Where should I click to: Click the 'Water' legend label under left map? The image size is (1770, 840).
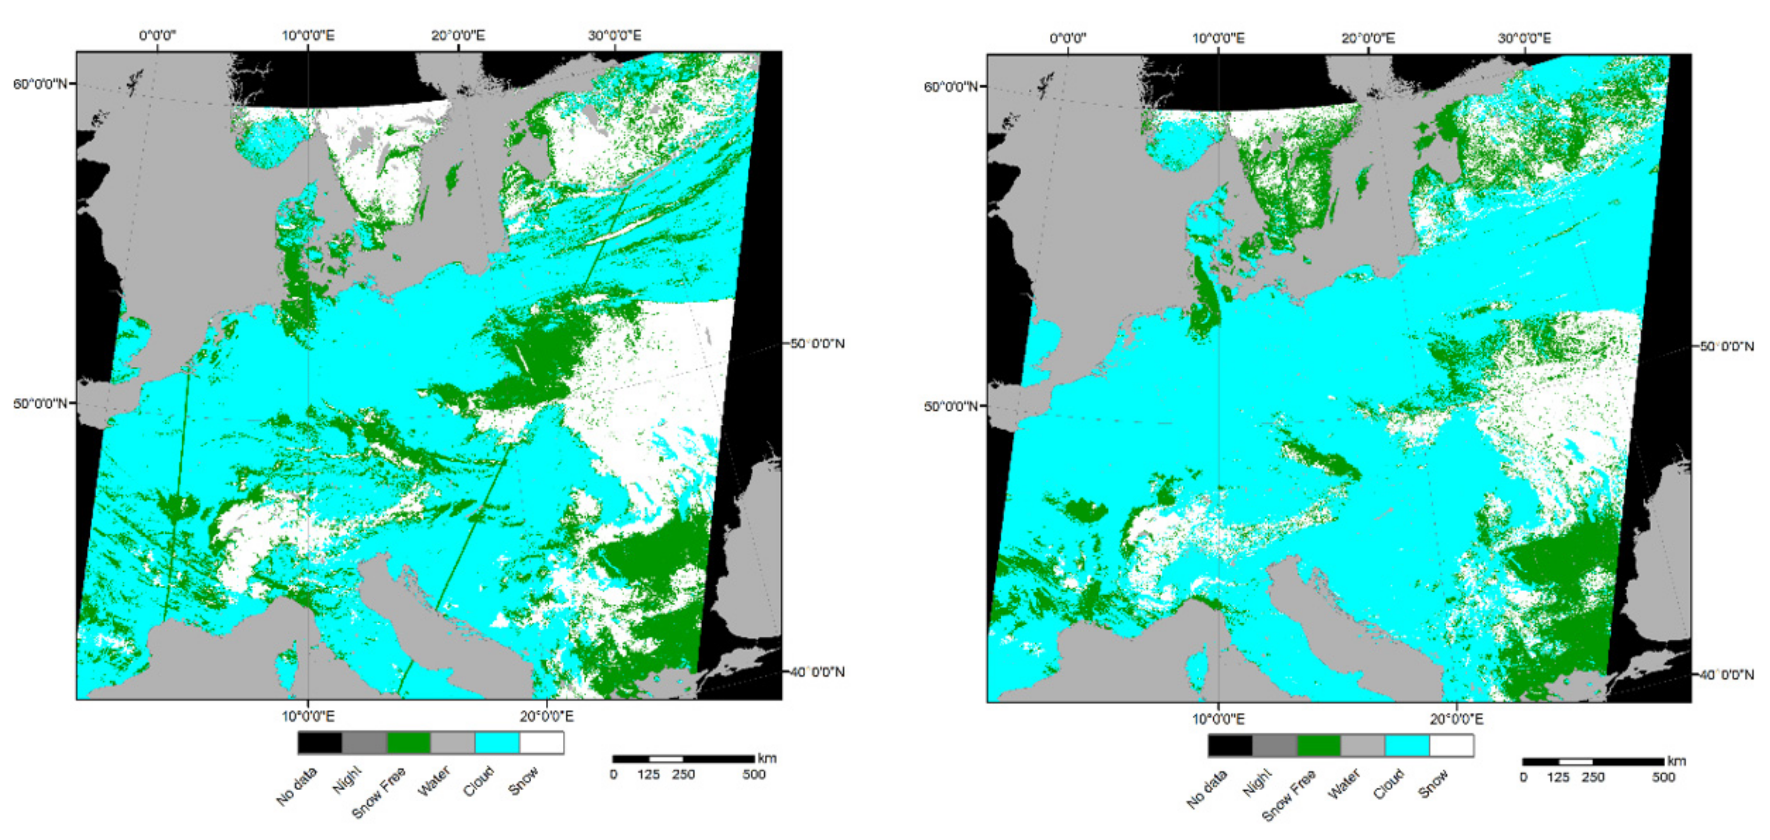coord(434,782)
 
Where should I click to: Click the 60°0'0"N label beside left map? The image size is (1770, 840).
coord(40,84)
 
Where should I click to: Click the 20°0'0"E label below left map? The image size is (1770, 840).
coord(546,717)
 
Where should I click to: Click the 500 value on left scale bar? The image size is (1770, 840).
coord(754,775)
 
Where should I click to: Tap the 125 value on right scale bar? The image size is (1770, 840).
coord(1558,778)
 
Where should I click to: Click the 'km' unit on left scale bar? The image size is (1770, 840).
coord(767,758)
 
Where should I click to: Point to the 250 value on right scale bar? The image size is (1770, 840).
coord(1593,778)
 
